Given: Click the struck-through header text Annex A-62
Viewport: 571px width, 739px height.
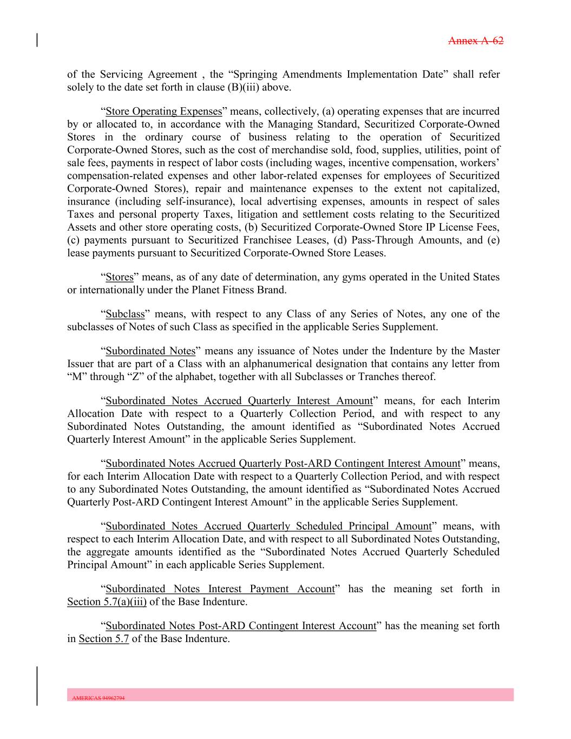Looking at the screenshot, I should [476, 41].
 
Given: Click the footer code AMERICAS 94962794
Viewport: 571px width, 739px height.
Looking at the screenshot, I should [99, 698].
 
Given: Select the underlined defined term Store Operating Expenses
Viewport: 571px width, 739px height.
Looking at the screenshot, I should [164, 112].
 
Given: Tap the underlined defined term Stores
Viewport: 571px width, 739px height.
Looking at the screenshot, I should [120, 277].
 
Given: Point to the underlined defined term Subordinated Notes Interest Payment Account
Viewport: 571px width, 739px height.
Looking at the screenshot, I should [220, 589].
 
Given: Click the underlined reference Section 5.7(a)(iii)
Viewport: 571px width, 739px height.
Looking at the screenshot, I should [107, 602].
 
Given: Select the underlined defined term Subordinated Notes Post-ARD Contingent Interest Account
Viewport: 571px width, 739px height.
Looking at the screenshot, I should [241, 626].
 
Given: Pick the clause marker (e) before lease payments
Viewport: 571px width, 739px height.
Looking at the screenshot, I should [493, 240].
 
